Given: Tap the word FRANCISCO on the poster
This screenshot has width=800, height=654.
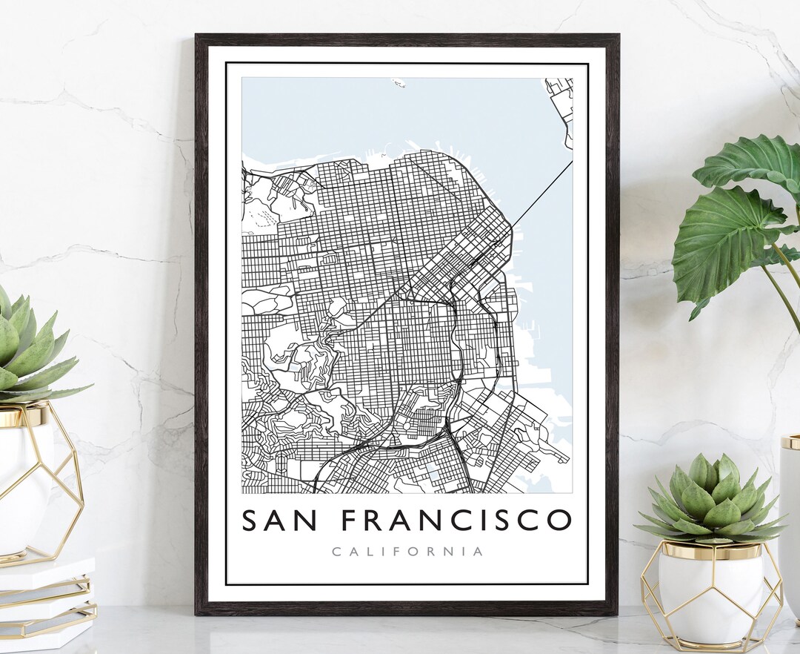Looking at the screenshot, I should pyautogui.click(x=456, y=521).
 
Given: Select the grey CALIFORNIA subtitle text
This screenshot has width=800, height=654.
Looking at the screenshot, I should pyautogui.click(x=407, y=552).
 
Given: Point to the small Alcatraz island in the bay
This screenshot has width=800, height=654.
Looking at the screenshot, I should pyautogui.click(x=399, y=83).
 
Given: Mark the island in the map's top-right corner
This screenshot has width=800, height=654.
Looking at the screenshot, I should pyautogui.click(x=561, y=104).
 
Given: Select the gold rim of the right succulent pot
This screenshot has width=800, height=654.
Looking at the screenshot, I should pyautogui.click(x=711, y=550).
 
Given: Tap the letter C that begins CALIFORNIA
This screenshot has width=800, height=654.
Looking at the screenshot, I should pyautogui.click(x=336, y=552).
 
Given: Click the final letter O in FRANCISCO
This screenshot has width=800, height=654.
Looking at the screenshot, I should pyautogui.click(x=559, y=521).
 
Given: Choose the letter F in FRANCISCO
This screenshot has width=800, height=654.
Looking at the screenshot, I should pyautogui.click(x=350, y=521).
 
